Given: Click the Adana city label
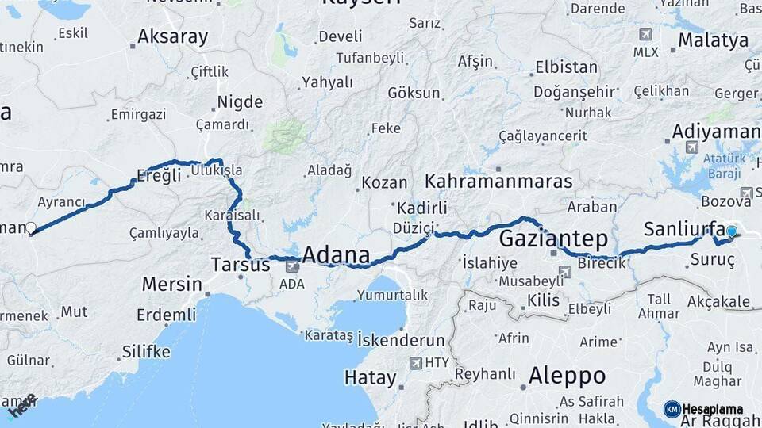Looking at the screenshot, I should coord(337,254).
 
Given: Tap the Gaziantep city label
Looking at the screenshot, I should coord(553,239).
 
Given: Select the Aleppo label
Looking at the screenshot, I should coord(567,375).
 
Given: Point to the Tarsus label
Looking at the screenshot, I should coord(241,265).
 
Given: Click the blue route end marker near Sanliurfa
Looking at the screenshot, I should coord(731,232).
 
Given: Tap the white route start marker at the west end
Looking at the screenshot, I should coord(31,228).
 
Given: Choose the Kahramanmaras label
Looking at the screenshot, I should coord(498,182).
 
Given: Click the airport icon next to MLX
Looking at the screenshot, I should coord(645,34).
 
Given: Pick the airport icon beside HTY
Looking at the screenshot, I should coord(415,363).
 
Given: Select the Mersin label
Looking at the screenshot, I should coord(171,284).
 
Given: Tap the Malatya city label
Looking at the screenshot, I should coord(713,40).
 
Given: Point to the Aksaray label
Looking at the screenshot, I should coord(172,36).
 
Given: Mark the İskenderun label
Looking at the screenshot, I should coord(401,340).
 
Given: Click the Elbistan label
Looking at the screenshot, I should coord(566,67).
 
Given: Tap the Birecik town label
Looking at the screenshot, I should coord(602,263).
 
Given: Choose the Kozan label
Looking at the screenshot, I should coord(384,183).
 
